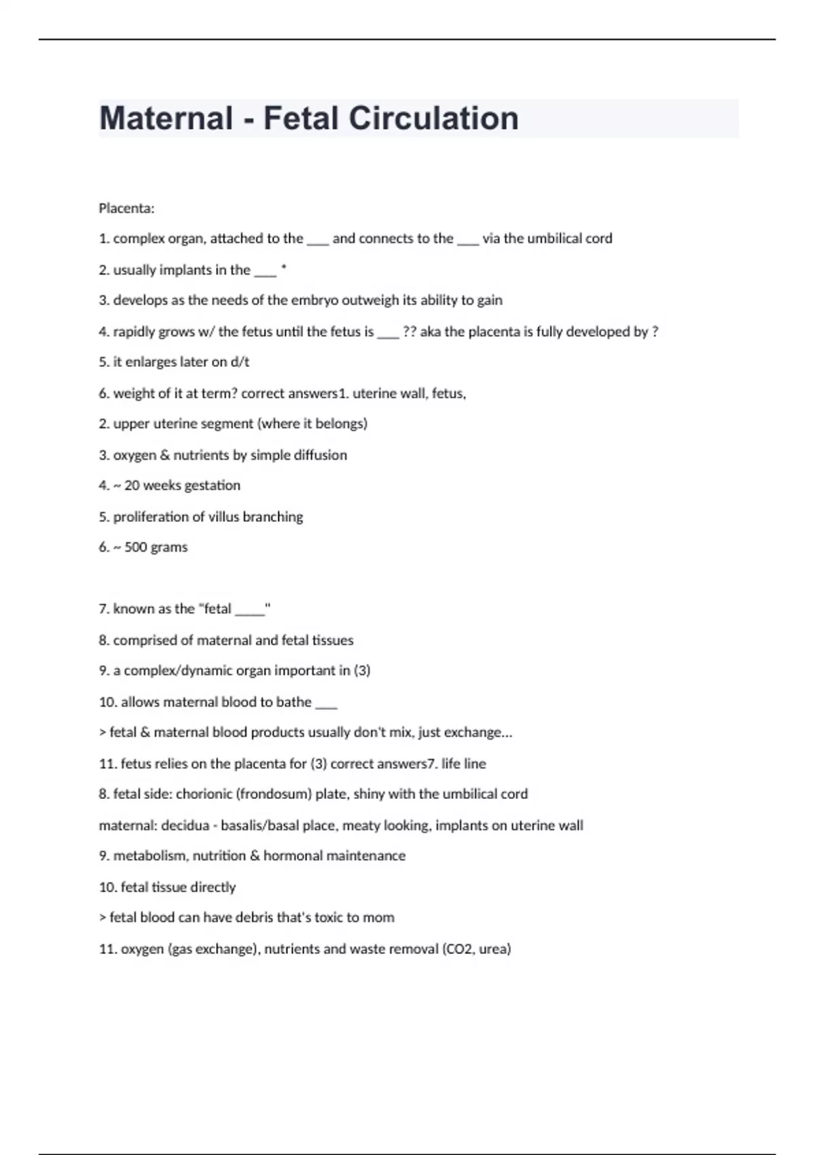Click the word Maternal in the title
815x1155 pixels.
(x=166, y=118)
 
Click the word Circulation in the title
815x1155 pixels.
(x=433, y=118)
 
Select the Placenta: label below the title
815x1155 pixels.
(x=126, y=208)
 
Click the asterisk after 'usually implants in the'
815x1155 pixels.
(x=283, y=269)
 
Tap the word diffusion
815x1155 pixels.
(x=321, y=455)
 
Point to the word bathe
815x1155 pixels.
(x=293, y=702)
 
